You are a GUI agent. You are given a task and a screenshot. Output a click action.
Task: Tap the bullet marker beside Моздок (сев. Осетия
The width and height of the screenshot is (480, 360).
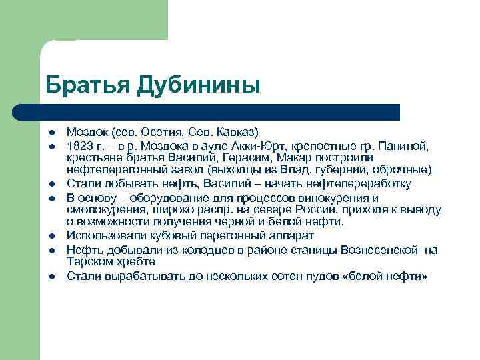[x=51, y=132]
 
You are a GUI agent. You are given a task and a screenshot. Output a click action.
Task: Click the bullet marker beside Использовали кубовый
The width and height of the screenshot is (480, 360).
[x=51, y=236]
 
